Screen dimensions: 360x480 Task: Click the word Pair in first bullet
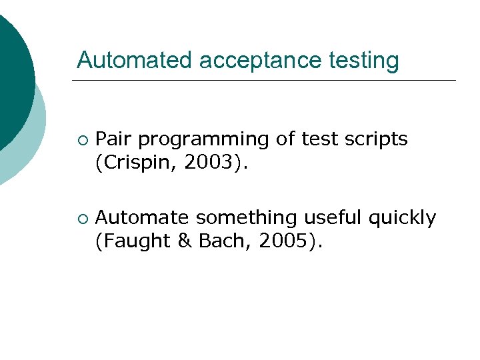114,139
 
